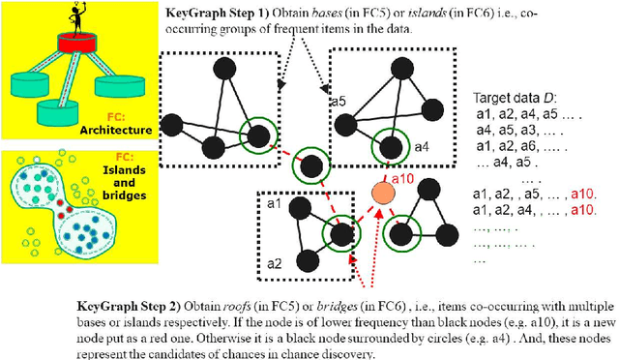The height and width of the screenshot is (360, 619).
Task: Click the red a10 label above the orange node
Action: tap(399, 178)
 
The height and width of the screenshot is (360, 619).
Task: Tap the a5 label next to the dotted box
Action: tap(338, 102)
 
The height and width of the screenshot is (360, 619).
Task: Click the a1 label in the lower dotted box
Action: tap(274, 205)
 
